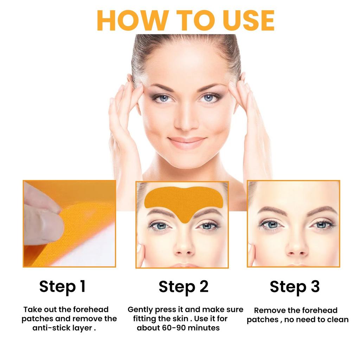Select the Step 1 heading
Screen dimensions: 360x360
(x=62, y=286)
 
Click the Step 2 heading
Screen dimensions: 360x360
(x=183, y=286)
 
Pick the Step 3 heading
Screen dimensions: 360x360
(x=295, y=286)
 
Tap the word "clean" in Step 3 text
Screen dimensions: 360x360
(x=337, y=320)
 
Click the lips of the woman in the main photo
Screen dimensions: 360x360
(x=187, y=141)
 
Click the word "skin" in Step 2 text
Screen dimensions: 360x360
(x=180, y=319)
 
